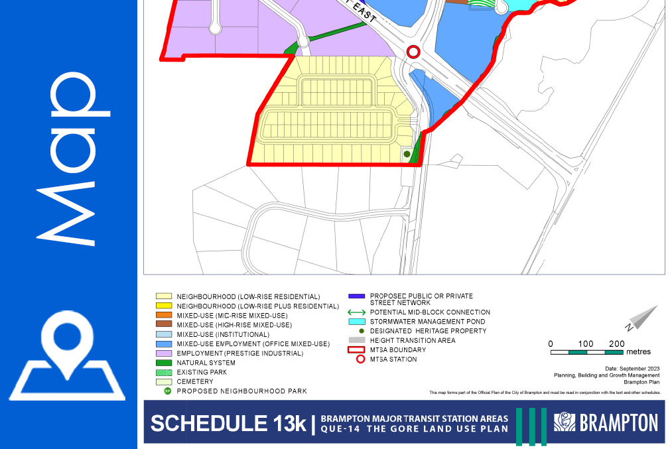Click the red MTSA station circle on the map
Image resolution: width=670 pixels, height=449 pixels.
point(413,52)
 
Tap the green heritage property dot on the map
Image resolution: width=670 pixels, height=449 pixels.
point(407,155)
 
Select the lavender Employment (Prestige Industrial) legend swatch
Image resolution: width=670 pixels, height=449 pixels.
point(164,353)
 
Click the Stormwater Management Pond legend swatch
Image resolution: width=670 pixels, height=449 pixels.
point(358,322)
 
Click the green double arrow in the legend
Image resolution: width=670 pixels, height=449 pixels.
point(358,312)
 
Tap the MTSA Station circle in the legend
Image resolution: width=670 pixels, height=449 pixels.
point(358,359)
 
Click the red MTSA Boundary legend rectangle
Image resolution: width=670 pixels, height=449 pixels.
point(358,350)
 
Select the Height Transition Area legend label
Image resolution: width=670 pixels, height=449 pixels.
point(413,340)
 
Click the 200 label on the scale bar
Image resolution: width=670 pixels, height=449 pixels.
point(617,344)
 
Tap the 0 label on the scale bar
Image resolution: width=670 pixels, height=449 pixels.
point(551,344)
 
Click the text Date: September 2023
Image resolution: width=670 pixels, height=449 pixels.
point(633,368)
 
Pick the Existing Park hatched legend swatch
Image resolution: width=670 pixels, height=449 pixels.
point(164,373)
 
